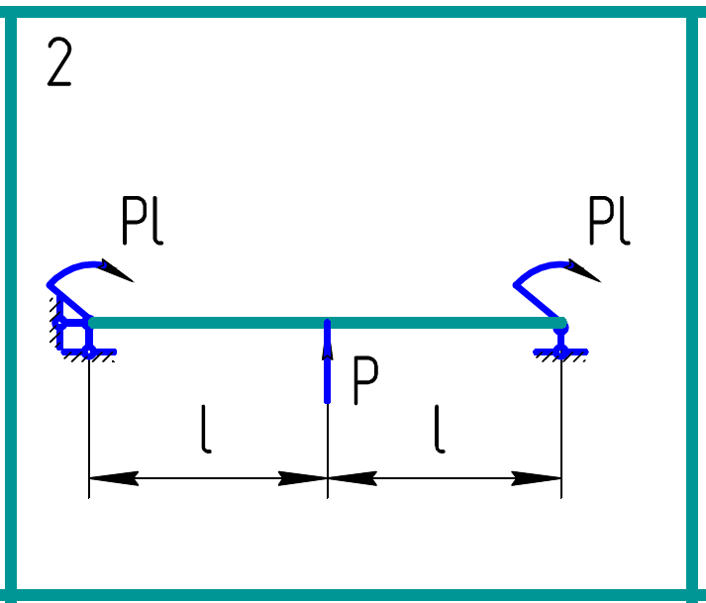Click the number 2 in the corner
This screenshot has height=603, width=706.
59,66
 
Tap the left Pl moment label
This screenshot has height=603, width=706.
142,221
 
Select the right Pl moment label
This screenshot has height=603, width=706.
608,221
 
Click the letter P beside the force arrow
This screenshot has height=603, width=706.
365,383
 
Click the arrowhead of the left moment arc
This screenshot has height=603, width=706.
118,271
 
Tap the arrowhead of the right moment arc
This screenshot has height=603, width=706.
585,271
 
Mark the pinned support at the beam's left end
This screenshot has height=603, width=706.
74,335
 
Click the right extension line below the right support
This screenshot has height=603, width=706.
561,426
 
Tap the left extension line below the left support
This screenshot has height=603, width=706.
89,426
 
